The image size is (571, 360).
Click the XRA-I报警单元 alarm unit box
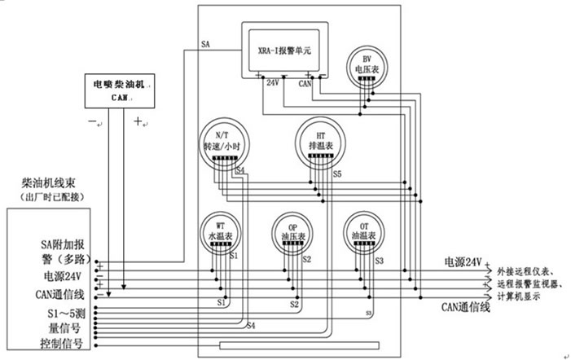coord(283,50)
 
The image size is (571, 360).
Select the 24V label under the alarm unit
coord(273,82)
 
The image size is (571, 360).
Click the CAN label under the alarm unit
coord(305,82)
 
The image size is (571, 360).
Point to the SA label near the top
coord(205,45)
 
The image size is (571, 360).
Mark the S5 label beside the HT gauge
coord(337,174)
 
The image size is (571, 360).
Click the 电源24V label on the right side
coord(464,262)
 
